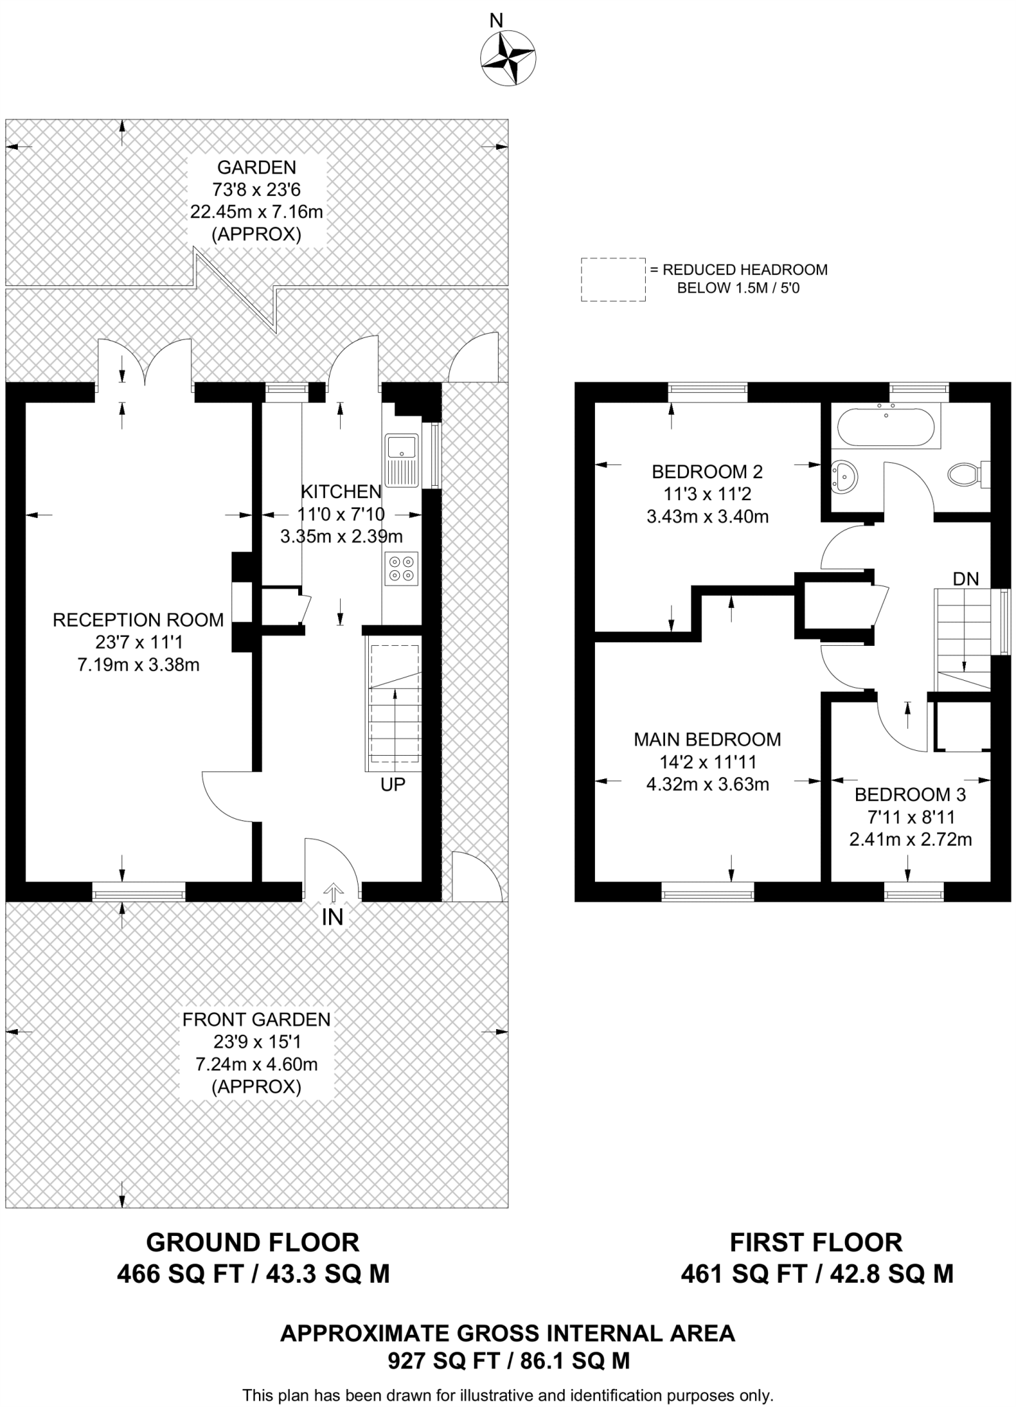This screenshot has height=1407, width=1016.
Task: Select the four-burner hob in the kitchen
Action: pos(402,568)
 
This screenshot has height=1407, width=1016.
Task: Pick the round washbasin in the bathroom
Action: pos(844,476)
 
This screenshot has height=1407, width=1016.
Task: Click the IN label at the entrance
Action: pos(332,917)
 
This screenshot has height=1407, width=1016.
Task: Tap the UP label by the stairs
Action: pos(393,785)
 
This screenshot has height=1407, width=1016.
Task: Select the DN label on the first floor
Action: pos(966,579)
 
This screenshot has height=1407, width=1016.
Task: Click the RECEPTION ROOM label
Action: pos(138,620)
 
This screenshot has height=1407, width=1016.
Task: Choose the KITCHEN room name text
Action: pos(341,492)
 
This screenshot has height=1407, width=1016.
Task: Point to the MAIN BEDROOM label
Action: pos(707,740)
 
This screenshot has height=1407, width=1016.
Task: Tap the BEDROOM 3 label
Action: pos(910,795)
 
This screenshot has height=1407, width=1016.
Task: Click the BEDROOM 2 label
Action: pos(707,472)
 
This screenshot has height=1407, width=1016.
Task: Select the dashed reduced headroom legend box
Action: pos(613,280)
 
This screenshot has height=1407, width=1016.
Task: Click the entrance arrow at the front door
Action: pos(333,892)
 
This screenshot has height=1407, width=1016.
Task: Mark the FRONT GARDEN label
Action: pos(256,1020)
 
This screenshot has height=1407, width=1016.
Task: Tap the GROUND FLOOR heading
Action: pos(253,1243)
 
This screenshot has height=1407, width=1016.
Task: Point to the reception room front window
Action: pos(139,892)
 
